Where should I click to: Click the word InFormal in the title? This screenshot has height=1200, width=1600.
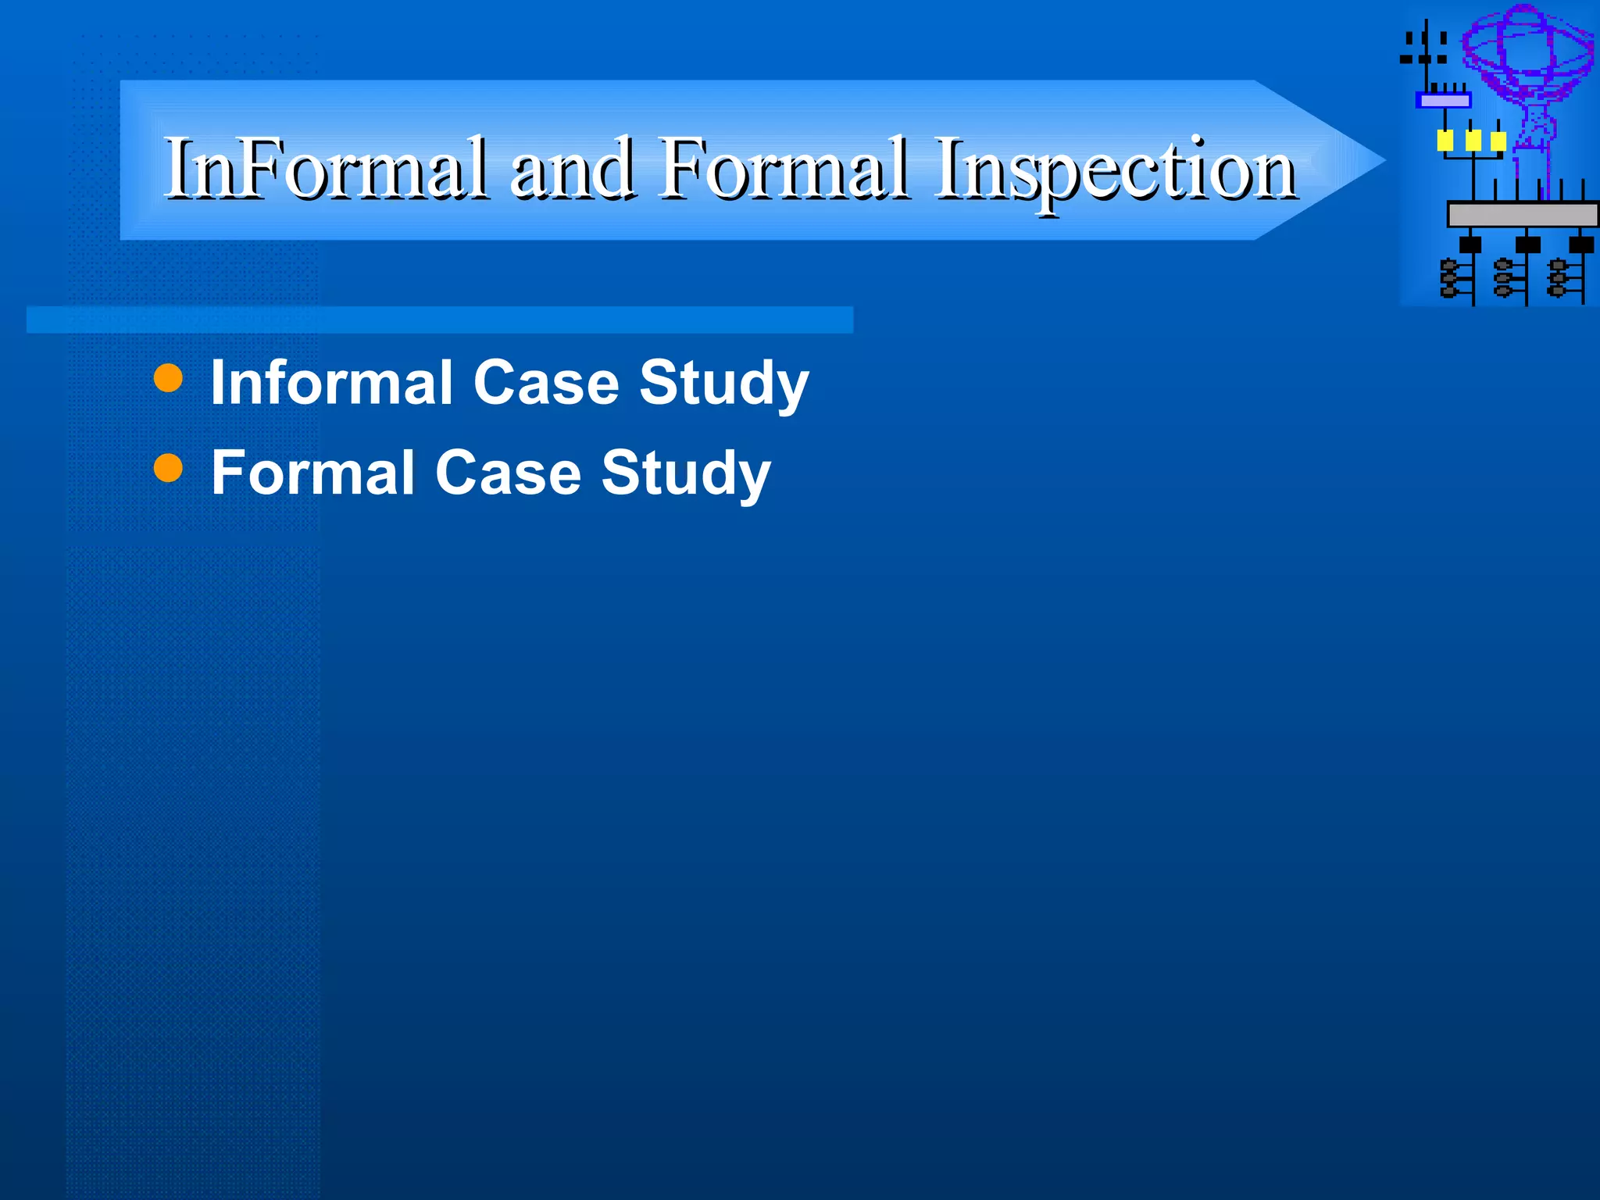click(x=324, y=168)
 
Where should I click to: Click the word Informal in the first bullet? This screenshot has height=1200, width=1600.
click(x=332, y=382)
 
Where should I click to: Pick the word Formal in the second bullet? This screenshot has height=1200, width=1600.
click(x=312, y=473)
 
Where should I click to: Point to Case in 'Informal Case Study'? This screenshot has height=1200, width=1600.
click(x=546, y=382)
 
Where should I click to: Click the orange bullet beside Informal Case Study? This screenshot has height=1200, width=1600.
click(x=168, y=378)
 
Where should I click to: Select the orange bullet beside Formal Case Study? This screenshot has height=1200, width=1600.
click(x=168, y=469)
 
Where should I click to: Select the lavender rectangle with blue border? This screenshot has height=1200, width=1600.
click(x=1444, y=100)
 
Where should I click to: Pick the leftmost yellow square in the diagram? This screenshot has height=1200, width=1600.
click(x=1445, y=141)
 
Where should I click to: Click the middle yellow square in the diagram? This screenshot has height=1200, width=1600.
click(x=1473, y=141)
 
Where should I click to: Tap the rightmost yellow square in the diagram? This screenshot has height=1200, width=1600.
click(x=1498, y=141)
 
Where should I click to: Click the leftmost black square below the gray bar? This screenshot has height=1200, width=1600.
click(x=1470, y=245)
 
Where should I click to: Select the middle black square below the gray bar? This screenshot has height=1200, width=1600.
click(x=1527, y=245)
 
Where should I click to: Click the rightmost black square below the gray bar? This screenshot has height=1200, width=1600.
click(x=1581, y=245)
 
